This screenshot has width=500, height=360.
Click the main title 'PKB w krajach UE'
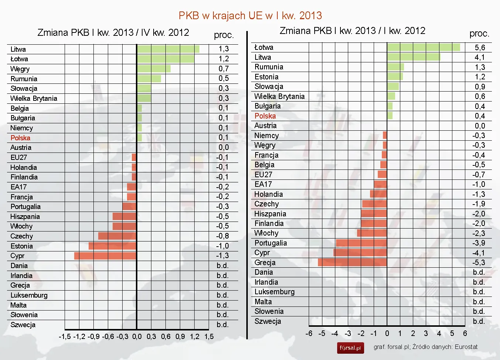tap(250, 16)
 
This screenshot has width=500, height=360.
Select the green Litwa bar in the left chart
tap(168, 49)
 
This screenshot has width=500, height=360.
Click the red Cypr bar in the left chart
tap(105, 256)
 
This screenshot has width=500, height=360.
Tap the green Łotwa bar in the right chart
tap(424, 47)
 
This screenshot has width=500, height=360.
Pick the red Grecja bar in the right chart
tap(352, 263)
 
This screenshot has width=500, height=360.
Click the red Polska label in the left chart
tap(20, 138)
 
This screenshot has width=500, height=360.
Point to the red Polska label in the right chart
tap(265, 116)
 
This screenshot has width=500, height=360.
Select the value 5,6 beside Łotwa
tap(480, 48)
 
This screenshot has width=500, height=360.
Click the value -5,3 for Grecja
tap(479, 263)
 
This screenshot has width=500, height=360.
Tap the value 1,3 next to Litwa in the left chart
tap(223, 49)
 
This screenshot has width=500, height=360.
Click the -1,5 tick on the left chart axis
tap(65, 336)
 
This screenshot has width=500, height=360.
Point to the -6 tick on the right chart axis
tap(309, 333)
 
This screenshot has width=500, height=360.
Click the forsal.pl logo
tap(350, 348)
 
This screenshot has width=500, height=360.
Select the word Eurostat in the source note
tap(466, 347)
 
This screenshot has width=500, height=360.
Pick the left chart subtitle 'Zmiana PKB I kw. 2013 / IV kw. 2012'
tap(113, 32)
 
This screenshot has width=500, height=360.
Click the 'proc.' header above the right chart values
tap(479, 34)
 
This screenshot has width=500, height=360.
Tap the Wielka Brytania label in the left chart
tap(34, 99)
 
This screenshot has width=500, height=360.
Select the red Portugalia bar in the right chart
tap(361, 243)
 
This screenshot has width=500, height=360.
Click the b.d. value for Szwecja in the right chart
tap(479, 321)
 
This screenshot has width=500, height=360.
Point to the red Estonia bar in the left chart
tap(112, 246)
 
